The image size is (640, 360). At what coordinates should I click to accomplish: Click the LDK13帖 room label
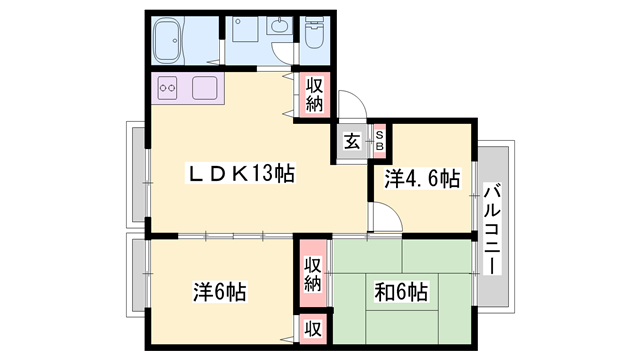[240, 174]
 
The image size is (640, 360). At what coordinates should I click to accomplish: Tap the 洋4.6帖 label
[422, 179]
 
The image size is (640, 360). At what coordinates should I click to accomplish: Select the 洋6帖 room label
[220, 292]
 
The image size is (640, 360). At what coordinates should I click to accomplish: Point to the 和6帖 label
[401, 292]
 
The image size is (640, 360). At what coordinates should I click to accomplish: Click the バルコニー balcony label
[492, 229]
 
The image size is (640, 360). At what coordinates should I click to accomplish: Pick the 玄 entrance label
[352, 142]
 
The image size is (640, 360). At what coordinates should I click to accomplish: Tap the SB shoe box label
[380, 140]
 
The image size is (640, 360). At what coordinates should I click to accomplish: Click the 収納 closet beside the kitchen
[314, 95]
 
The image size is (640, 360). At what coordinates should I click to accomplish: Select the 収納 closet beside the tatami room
[313, 274]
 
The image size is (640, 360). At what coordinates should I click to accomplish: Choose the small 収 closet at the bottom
[313, 329]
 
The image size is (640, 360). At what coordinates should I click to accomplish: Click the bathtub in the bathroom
[167, 41]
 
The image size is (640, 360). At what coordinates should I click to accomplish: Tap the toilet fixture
[314, 33]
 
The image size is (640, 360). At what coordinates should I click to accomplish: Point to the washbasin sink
[280, 26]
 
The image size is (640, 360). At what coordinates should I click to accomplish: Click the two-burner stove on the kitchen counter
[167, 88]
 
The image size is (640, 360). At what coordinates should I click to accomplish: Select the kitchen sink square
[204, 88]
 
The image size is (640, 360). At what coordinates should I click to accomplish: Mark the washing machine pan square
[245, 29]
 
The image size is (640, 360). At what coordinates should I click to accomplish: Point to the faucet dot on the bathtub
[175, 41]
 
